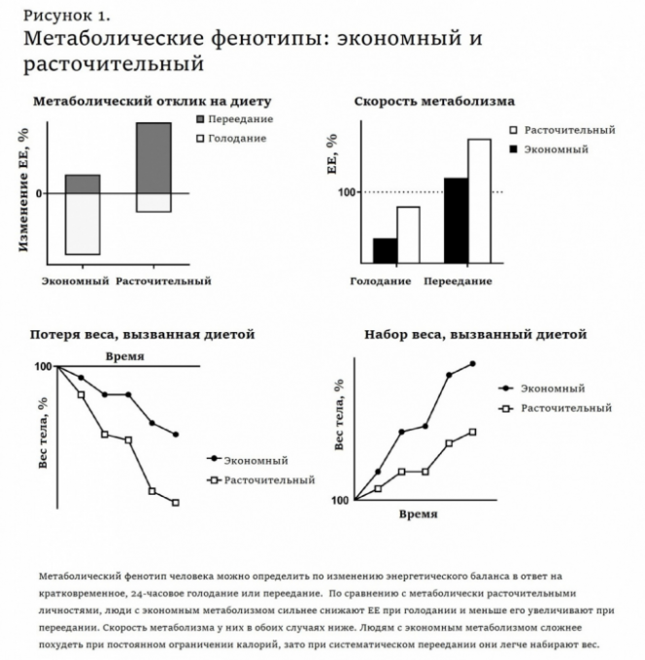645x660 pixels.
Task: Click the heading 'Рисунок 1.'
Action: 67,16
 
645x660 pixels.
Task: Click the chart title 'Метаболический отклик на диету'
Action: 152,101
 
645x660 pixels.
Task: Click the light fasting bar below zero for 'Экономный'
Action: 82,224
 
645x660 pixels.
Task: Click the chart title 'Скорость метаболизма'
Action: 434,101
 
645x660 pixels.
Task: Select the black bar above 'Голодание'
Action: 385,249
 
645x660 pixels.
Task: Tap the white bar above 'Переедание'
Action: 479,200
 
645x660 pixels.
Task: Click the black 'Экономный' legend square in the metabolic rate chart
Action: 512,149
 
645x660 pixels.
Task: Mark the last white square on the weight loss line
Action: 176,503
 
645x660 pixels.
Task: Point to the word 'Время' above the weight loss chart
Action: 124,356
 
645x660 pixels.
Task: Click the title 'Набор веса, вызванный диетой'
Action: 475,334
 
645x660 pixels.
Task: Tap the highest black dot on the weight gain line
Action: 473,363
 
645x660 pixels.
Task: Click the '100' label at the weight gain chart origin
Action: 339,500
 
